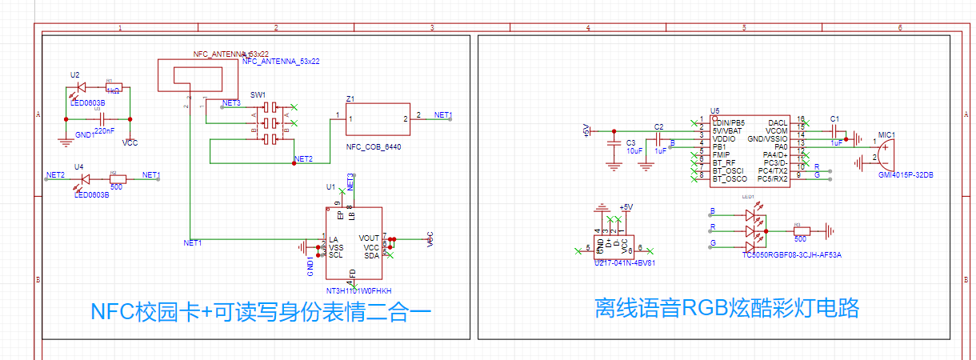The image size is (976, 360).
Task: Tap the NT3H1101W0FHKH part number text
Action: (358, 290)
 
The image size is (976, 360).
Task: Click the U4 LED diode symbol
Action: (80, 180)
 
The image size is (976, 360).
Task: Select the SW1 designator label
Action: (258, 94)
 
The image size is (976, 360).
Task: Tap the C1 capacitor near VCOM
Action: (835, 131)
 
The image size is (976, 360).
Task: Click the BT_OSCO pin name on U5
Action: (729, 179)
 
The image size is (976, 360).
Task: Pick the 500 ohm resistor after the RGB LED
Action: (800, 231)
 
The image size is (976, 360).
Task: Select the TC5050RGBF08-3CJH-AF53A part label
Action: (792, 254)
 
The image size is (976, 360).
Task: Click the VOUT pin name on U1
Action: (369, 238)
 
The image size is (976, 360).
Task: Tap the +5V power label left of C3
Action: (586, 130)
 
